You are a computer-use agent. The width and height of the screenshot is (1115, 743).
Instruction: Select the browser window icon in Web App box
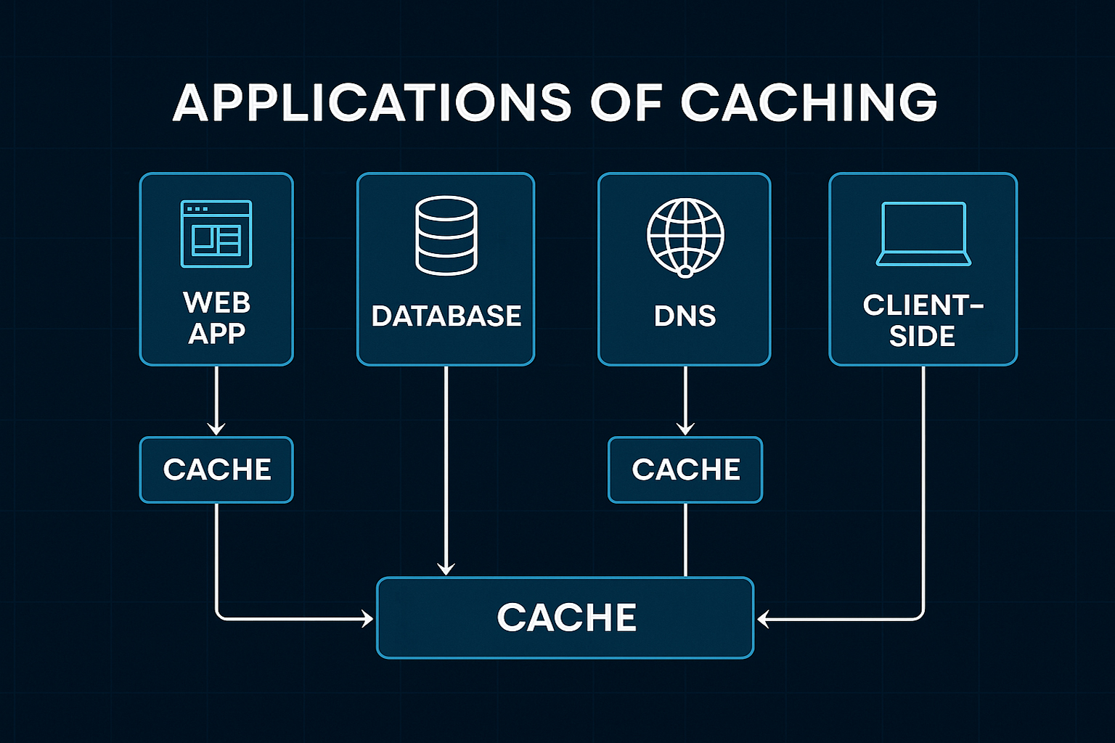coord(216,234)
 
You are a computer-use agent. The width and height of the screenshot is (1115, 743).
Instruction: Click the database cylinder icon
coord(446,235)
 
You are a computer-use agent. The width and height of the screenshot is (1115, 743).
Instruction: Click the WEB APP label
coord(216,318)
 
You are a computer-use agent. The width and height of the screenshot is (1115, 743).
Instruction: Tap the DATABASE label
coord(446,316)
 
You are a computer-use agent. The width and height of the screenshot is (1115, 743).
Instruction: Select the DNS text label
coord(685,316)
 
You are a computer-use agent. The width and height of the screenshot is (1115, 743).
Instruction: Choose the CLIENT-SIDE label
coord(923,321)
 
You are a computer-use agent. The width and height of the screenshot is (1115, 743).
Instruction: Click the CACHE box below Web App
coord(216,469)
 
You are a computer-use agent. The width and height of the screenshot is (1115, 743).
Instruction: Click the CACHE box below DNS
coord(685,469)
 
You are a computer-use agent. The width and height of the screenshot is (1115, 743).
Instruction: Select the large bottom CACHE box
coord(565,617)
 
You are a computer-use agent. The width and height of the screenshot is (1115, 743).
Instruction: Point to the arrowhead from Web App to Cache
coord(216,429)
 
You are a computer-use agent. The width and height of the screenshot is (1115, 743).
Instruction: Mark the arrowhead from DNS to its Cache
coord(685,429)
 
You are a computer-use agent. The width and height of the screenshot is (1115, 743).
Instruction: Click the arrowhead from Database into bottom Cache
coord(446,568)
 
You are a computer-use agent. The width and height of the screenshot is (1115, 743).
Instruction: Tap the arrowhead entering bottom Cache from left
coord(367,619)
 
